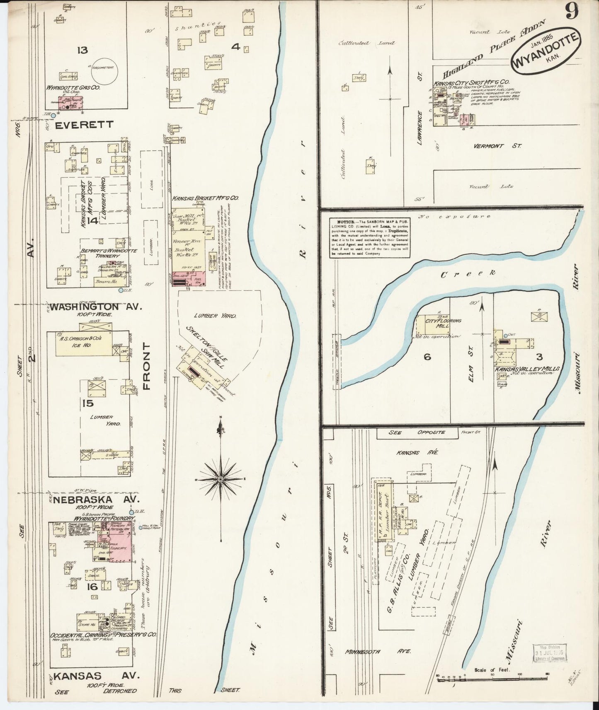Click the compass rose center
pyautogui.click(x=221, y=479)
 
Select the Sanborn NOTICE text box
pyautogui.click(x=370, y=238)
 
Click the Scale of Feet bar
pyautogui.click(x=493, y=677)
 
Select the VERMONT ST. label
pyautogui.click(x=497, y=146)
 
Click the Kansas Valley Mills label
pyautogui.click(x=526, y=368)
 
